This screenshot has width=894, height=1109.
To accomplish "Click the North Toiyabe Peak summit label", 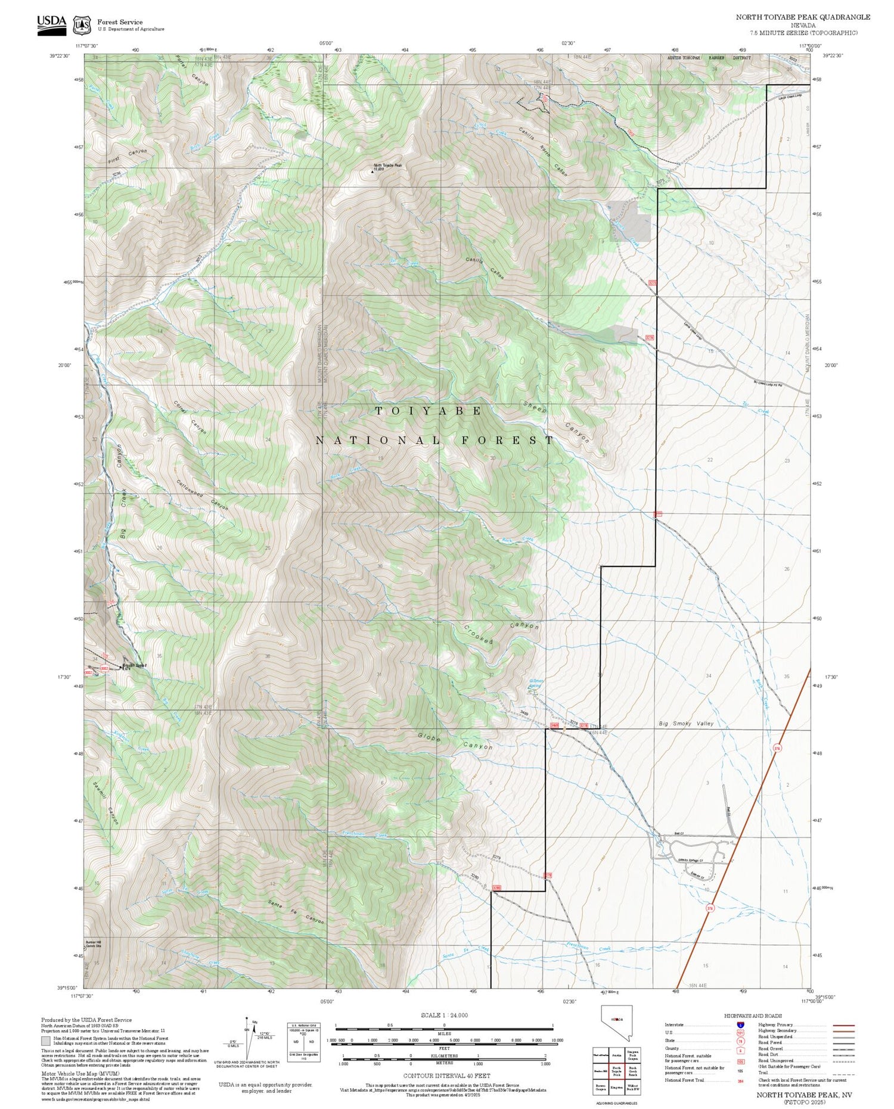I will (388, 166).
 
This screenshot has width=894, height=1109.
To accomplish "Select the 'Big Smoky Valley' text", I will (685, 724).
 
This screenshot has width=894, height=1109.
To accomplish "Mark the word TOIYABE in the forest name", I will (429, 411).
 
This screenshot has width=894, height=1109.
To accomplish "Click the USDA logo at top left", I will (52, 24).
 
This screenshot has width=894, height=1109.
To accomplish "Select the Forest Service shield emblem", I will (82, 26).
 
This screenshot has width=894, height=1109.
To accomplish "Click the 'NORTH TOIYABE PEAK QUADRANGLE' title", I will (803, 17).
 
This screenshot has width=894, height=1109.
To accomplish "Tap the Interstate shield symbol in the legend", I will (740, 1025).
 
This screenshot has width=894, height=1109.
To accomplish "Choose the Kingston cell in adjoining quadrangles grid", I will (617, 1087).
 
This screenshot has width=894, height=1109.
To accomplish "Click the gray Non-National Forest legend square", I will (46, 1041).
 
